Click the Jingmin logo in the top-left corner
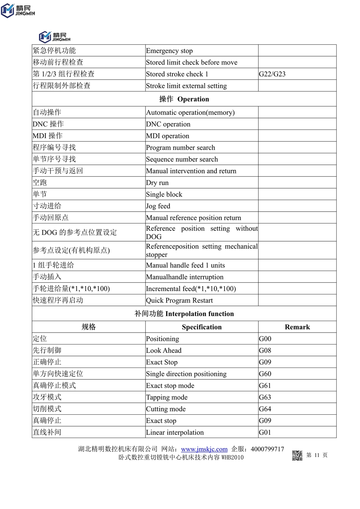click(x=18, y=10)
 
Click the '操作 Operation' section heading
click(x=184, y=99)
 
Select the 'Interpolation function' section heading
click(x=184, y=314)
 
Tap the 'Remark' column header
click(x=297, y=327)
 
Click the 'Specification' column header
click(x=202, y=327)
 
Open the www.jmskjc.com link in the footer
click(x=204, y=449)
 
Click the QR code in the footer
click(x=297, y=455)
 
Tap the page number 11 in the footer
click(x=317, y=455)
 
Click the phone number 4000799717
click(x=267, y=449)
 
